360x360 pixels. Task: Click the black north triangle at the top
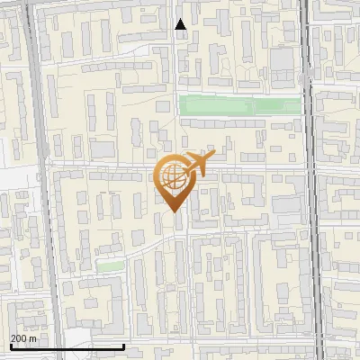point(181,24)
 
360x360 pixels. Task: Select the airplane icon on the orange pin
point(197,163)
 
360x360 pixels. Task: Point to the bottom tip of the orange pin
point(173,211)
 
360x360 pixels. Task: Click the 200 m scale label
point(24,338)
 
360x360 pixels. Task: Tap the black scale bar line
point(67,346)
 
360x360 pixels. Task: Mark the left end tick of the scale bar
point(12,345)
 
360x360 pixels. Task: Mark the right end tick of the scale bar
point(123,345)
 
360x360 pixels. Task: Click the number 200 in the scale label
point(20,338)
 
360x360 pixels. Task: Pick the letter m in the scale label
point(33,338)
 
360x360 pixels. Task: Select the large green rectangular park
point(239,105)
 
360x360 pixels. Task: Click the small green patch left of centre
point(110,266)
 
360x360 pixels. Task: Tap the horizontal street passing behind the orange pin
point(108,166)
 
